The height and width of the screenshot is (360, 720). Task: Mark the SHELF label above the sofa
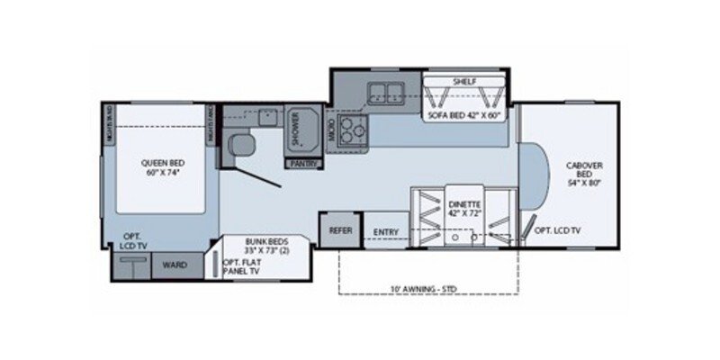pyautogui.click(x=464, y=81)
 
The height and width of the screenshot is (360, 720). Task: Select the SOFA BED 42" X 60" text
pyautogui.click(x=464, y=114)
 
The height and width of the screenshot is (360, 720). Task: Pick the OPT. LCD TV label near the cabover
pyautogui.click(x=558, y=231)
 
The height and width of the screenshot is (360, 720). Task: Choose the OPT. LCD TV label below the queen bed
pyautogui.click(x=136, y=241)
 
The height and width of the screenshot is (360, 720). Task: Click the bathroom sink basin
pyautogui.click(x=265, y=115)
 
